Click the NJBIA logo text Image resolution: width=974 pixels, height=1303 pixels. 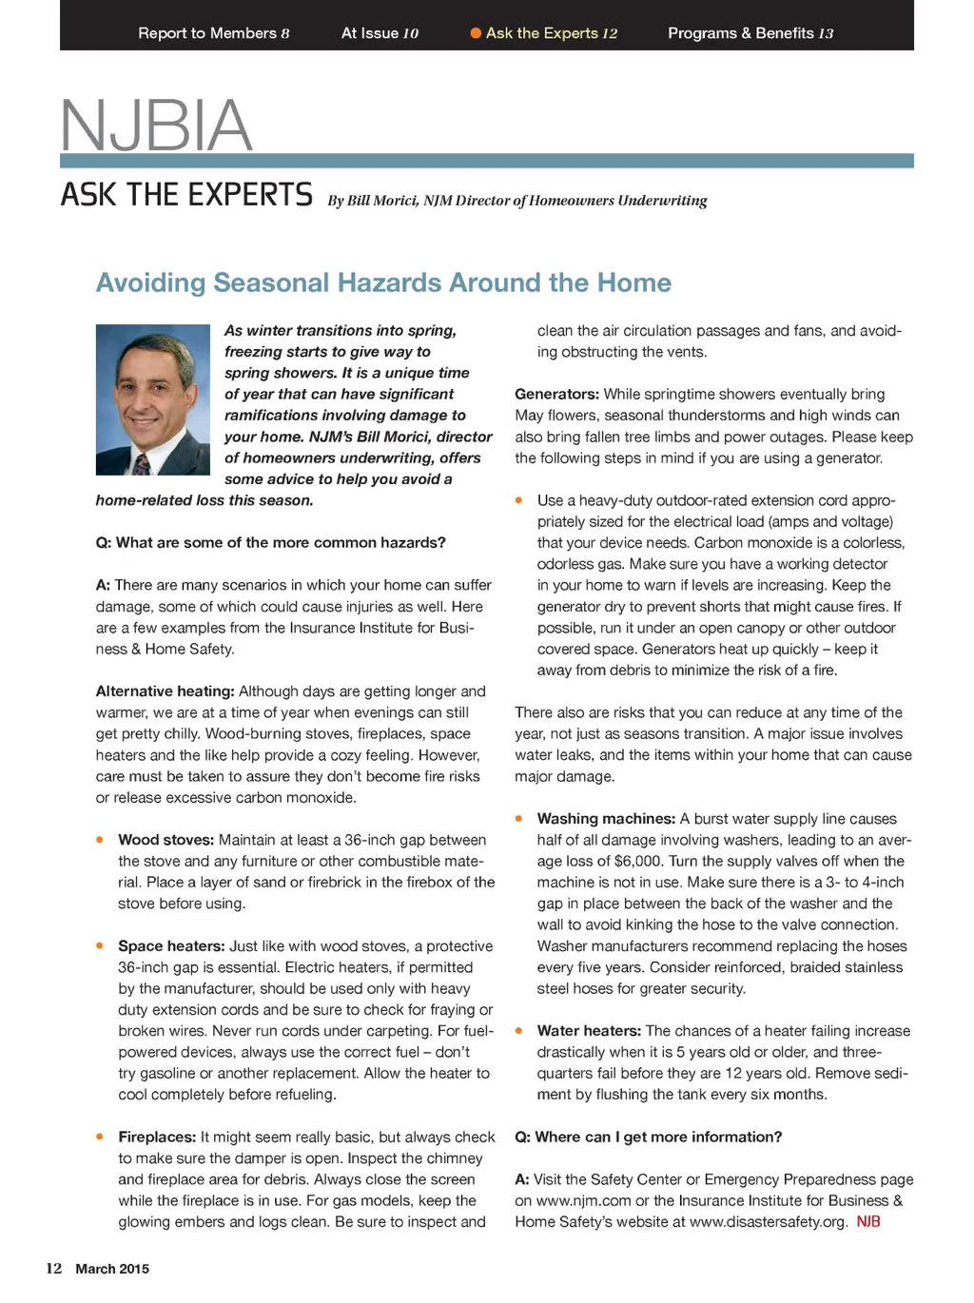[156, 126]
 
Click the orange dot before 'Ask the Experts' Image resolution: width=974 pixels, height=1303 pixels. [476, 33]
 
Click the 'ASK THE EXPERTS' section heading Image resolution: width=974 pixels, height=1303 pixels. [186, 195]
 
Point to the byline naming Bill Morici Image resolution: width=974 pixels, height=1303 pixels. [517, 201]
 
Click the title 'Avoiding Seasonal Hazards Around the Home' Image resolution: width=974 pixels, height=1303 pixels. [383, 282]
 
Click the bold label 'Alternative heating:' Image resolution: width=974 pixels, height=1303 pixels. [165, 691]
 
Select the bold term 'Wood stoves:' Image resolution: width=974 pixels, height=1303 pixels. [166, 840]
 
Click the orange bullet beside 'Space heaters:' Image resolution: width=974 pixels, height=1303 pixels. [100, 945]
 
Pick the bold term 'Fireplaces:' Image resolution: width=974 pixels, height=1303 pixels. [157, 1137]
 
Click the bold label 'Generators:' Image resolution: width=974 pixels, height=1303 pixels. [556, 394]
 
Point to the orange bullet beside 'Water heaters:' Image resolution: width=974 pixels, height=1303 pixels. [519, 1030]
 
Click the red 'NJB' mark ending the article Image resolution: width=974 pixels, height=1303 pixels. [868, 1222]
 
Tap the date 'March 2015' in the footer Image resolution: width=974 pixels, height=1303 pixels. [112, 1269]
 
